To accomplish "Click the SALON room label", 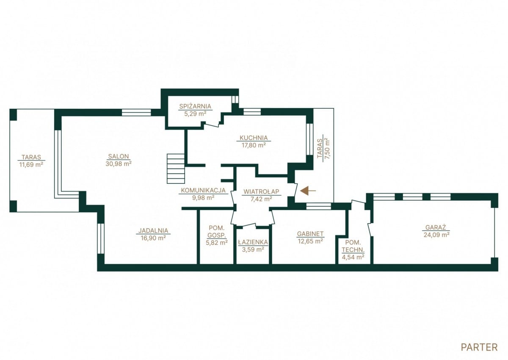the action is pos(119,156).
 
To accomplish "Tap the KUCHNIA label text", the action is pos(254,138).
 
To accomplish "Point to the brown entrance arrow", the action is pos(308,191).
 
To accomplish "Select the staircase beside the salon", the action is pos(176,169).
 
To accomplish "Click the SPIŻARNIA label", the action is pos(195,106).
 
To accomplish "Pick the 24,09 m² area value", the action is pos(436,235).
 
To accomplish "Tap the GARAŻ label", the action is pos(436,227).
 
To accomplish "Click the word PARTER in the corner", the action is pos(479,347).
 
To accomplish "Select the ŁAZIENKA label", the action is pos(253,242).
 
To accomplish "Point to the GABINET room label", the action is pos(310,234).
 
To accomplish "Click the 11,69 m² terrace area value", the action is pos(31,164).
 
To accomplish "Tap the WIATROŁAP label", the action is pos(261,191).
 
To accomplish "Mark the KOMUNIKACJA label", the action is pos(203,190).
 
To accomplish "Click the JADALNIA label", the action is pos(153,230).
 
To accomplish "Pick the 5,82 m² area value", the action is pos(217,243).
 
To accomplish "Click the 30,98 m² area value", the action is pos(119,163).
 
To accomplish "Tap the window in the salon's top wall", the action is pos(136,113).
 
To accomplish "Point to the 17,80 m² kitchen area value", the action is pos(254,145).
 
